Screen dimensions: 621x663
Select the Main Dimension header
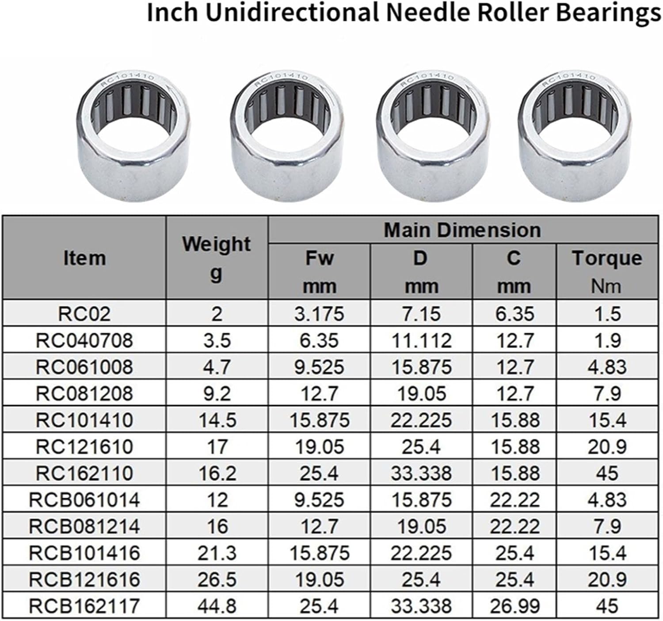(x=462, y=230)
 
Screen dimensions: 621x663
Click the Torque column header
(x=607, y=258)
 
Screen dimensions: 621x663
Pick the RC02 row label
(x=84, y=314)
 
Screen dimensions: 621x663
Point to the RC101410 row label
(x=84, y=420)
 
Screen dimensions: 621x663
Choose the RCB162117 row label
(x=84, y=606)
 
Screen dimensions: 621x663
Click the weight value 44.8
(x=217, y=606)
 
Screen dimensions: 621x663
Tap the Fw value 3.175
(x=319, y=314)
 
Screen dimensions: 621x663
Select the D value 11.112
(x=421, y=340)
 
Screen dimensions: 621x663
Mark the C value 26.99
(x=514, y=606)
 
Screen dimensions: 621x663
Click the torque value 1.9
(x=607, y=340)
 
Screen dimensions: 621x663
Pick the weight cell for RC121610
(x=217, y=446)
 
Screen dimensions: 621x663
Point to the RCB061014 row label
(x=84, y=500)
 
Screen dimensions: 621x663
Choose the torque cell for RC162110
(x=607, y=473)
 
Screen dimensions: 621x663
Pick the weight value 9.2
(x=217, y=393)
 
